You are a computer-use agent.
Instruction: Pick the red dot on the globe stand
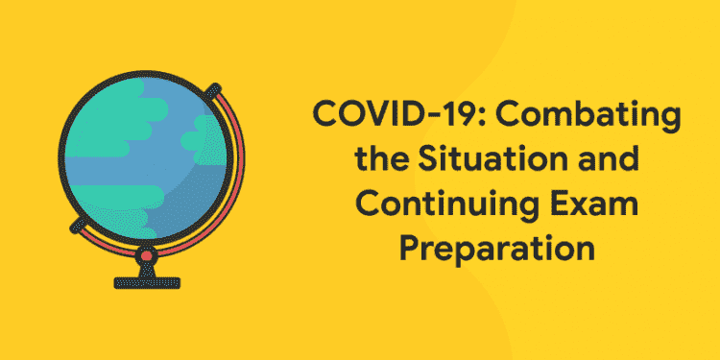pos(145,256)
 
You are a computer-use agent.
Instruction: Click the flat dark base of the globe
pos(145,282)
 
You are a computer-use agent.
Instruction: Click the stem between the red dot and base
pos(145,270)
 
